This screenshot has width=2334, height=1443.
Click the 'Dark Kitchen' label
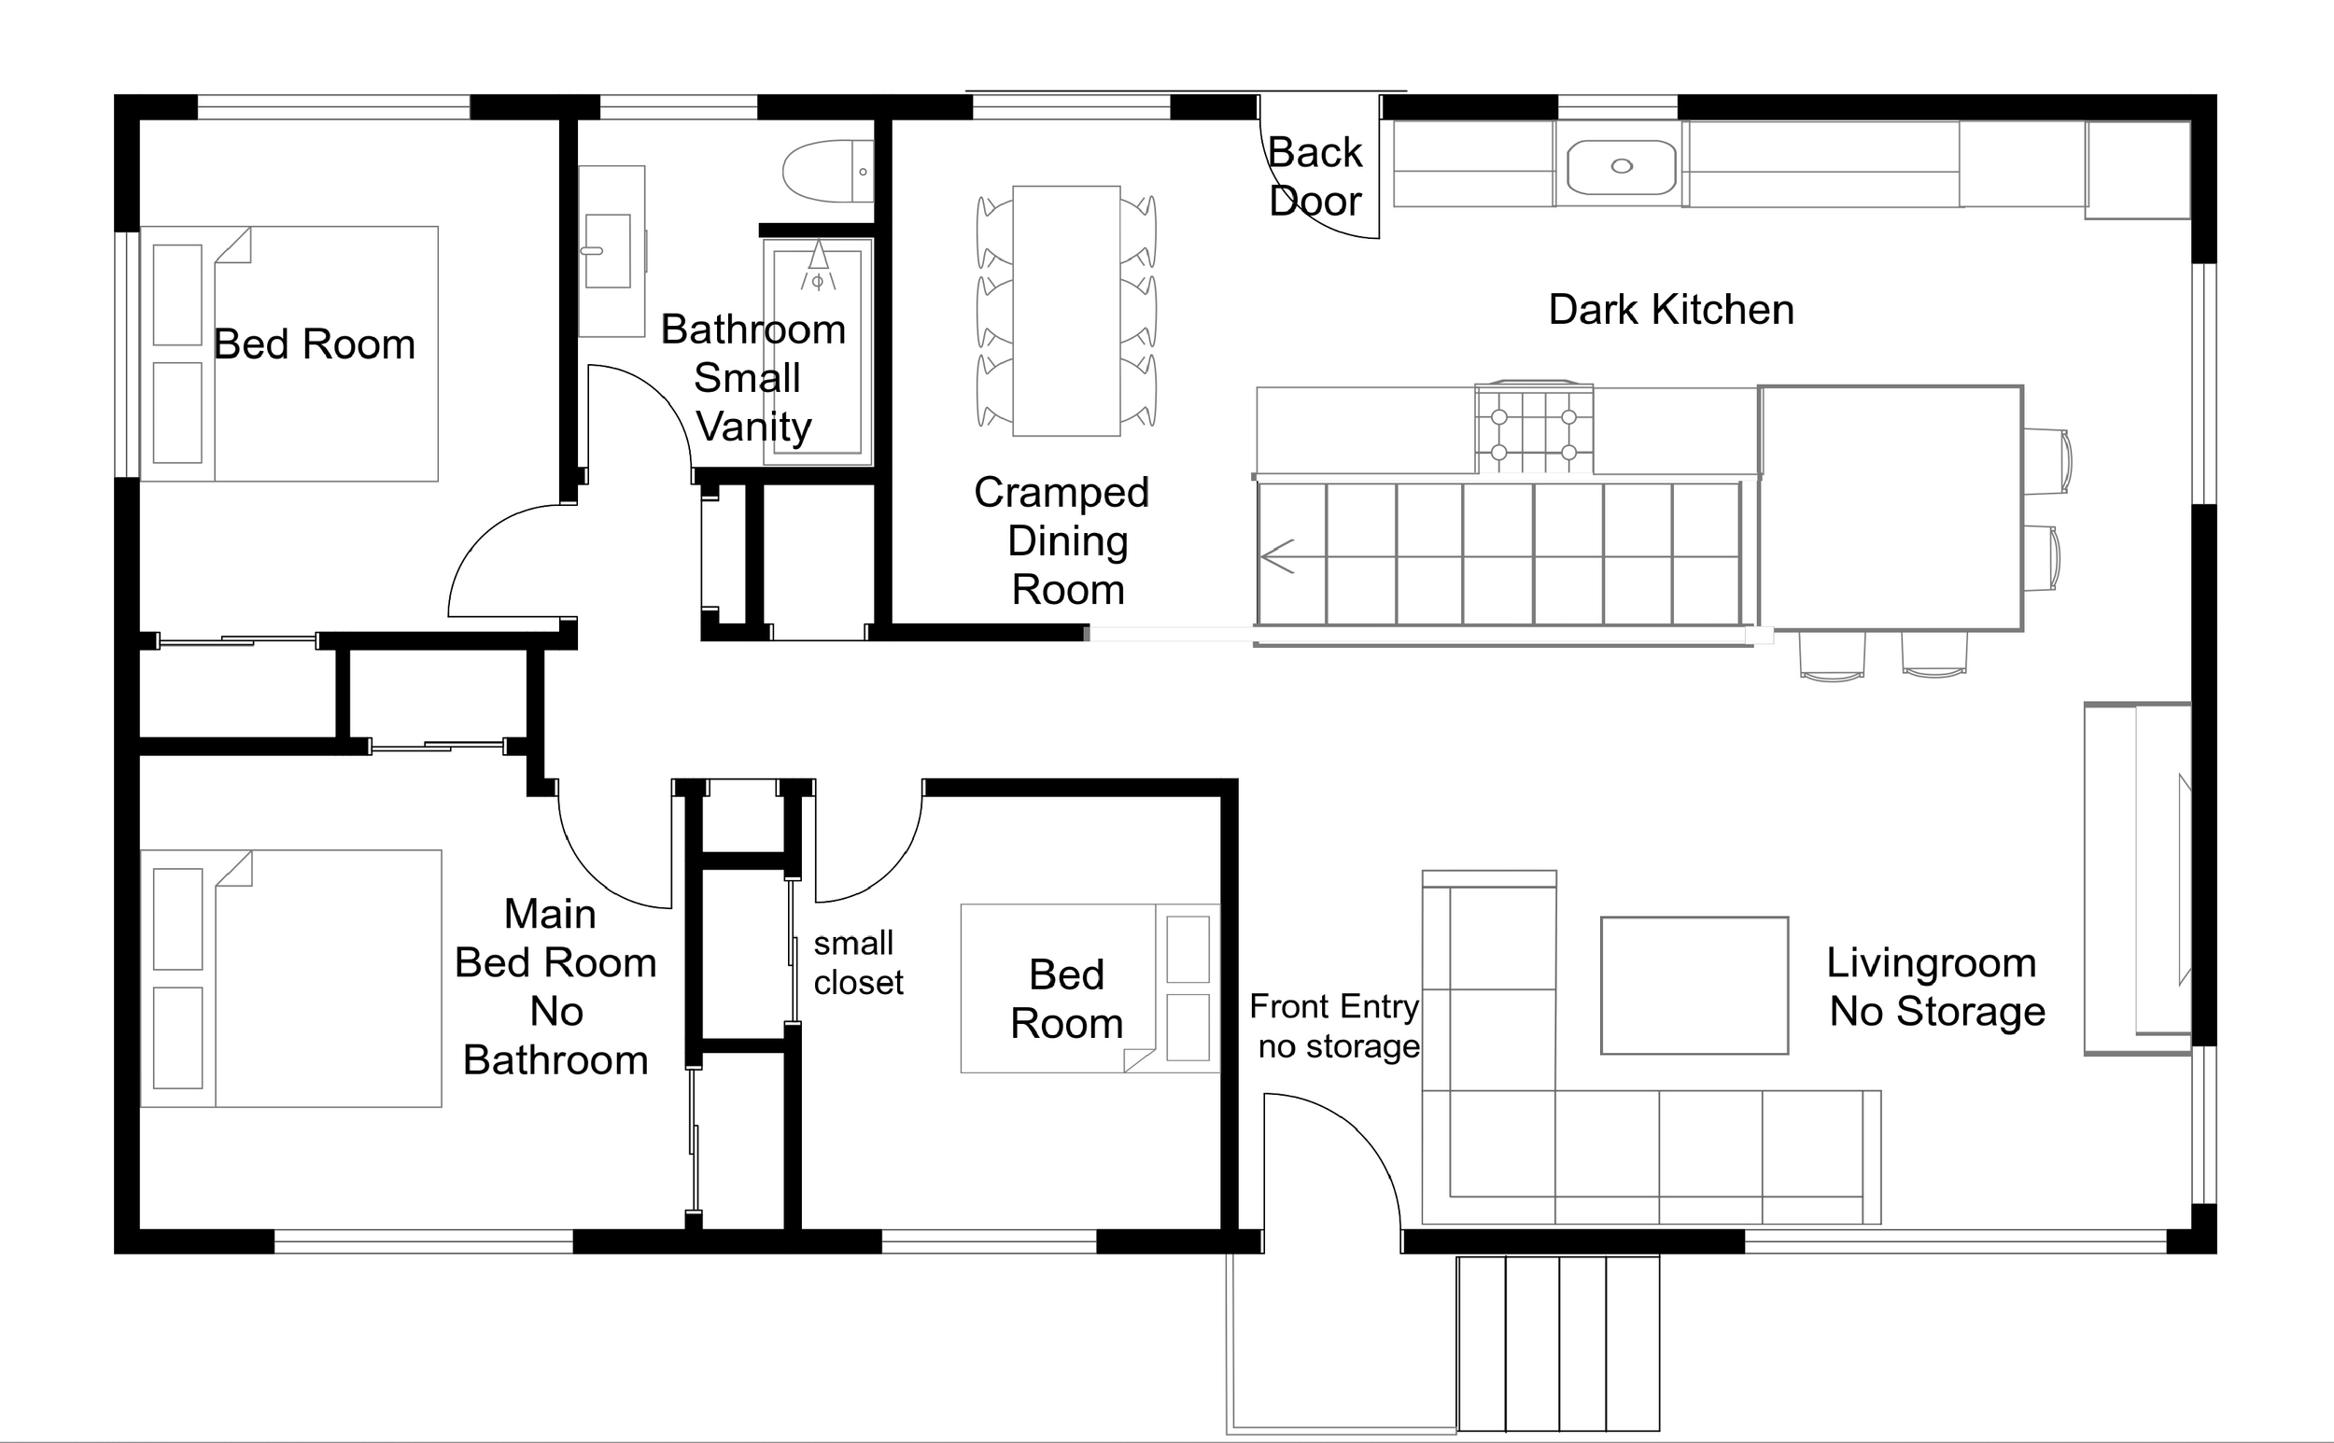point(1670,310)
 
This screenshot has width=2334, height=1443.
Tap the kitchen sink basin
point(1621,167)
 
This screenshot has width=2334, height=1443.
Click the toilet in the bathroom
point(826,172)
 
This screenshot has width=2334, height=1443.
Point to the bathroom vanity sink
point(607,251)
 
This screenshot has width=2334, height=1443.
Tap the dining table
point(1065,311)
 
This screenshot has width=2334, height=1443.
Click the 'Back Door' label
point(1315,176)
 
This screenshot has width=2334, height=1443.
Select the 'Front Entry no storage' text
point(1336,1026)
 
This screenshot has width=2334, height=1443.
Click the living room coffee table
point(1694,986)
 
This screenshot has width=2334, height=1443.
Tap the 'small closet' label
point(856,963)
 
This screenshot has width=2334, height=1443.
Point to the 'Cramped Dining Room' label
point(1063,541)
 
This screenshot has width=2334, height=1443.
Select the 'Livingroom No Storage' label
point(1935,987)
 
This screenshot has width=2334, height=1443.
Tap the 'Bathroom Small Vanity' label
point(753,378)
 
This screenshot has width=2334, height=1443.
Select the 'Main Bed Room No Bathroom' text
point(555,988)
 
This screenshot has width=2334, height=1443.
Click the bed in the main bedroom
point(291,978)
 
